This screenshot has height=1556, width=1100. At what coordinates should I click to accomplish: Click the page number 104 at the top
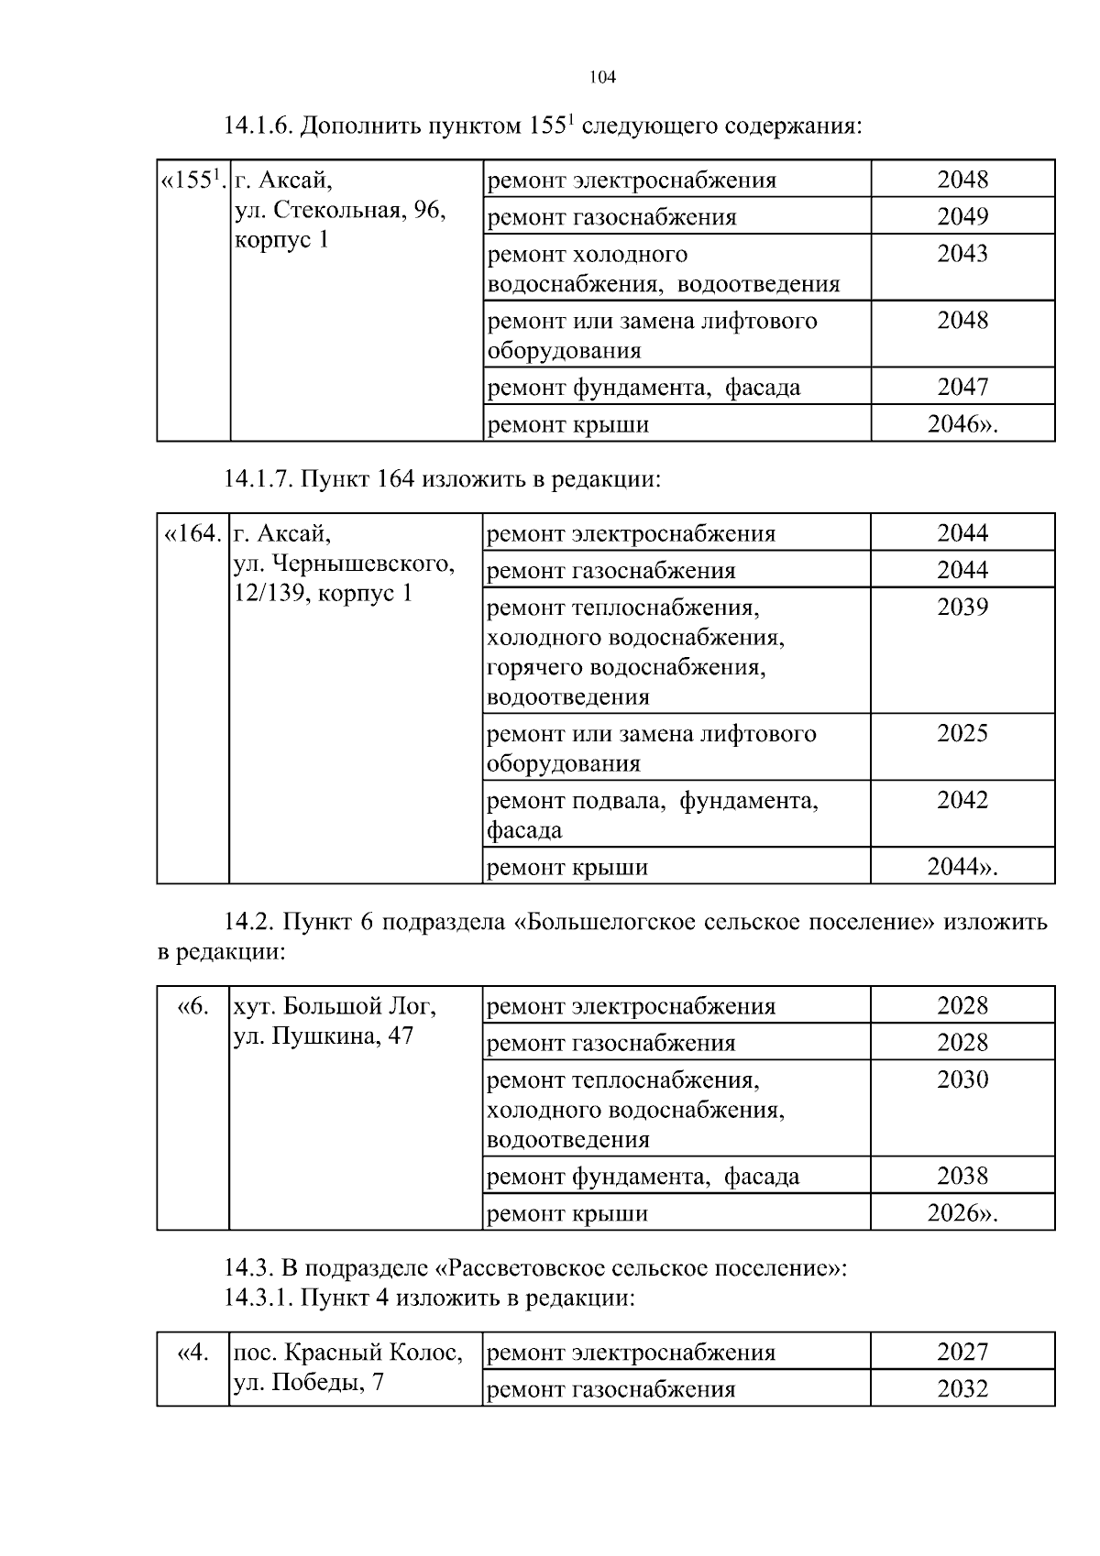[x=602, y=78]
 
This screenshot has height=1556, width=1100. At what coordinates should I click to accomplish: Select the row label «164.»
[x=192, y=533]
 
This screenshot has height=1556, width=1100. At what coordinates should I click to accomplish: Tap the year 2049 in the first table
[x=962, y=217]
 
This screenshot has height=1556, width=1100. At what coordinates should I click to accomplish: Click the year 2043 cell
[x=962, y=254]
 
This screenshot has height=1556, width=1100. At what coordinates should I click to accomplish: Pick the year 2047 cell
[x=962, y=387]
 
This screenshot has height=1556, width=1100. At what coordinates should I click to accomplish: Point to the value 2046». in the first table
[x=962, y=424]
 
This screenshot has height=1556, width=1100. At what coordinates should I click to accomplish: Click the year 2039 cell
[x=962, y=608]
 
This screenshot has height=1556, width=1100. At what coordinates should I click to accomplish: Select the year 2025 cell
[x=962, y=734]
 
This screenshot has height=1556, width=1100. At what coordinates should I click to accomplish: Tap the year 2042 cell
[x=962, y=801]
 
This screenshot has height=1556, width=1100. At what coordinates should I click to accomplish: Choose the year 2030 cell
[x=962, y=1080]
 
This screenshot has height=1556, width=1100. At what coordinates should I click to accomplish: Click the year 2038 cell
[x=962, y=1177]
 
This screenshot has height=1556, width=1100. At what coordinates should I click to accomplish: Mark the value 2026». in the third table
[x=962, y=1214]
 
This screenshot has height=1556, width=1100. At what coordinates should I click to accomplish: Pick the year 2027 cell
[x=962, y=1353]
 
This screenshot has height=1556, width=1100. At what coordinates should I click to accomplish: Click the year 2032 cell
[x=962, y=1389]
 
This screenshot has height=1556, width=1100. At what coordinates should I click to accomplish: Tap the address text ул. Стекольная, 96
[x=340, y=211]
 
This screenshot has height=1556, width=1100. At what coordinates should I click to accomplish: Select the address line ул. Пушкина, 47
[x=323, y=1036]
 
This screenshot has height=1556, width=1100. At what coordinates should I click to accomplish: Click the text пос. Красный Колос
[x=348, y=1353]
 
